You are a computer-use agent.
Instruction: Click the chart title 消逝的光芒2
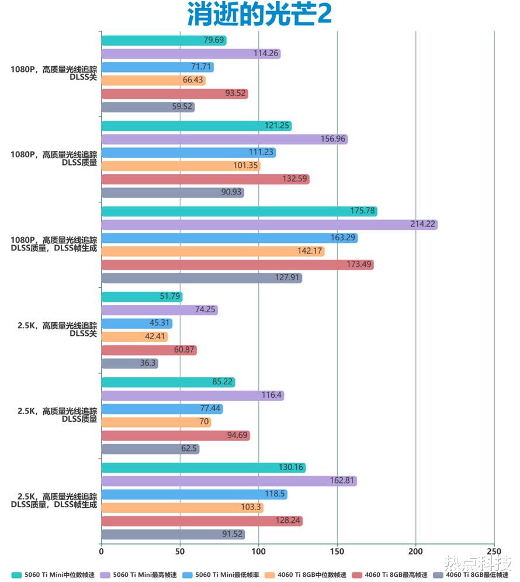click(259, 15)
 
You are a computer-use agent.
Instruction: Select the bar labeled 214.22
click(269, 225)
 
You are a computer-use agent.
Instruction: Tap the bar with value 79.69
click(164, 40)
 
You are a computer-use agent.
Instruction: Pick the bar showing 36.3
click(130, 363)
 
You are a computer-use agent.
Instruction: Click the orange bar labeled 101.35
click(181, 166)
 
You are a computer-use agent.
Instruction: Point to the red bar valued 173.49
click(237, 265)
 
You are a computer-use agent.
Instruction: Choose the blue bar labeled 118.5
click(194, 494)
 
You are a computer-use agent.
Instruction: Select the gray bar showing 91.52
click(173, 534)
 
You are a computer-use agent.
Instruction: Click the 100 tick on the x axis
click(258, 551)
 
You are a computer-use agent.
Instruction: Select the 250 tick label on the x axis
click(494, 551)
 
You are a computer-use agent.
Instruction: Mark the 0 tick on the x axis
click(101, 551)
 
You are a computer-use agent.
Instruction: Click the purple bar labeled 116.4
click(192, 395)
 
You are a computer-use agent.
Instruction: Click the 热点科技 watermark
click(478, 563)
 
